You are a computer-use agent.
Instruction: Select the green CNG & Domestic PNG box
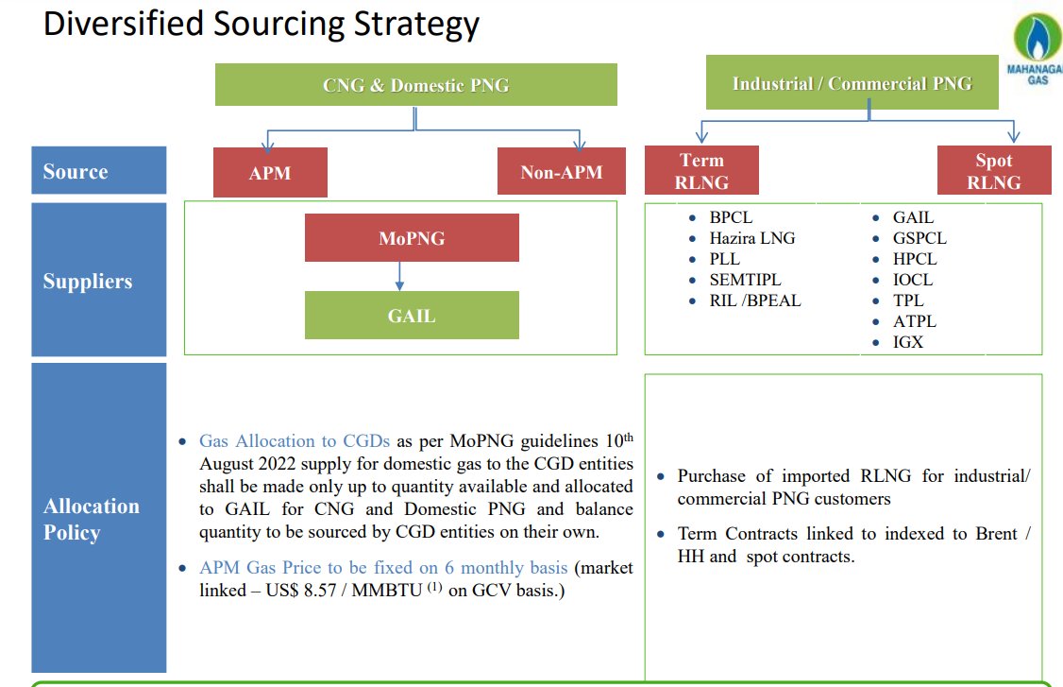415,85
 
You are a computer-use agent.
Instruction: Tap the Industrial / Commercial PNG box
852,83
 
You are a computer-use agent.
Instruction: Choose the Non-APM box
561,172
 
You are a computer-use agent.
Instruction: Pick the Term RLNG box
701,171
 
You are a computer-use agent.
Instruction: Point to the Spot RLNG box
993,171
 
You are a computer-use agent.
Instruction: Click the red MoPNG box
412,238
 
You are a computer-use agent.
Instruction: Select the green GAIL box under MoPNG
412,315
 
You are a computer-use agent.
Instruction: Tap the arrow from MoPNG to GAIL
400,276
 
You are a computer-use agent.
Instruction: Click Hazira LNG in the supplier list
752,238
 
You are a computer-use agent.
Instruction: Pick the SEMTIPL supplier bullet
745,280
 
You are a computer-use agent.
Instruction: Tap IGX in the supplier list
908,342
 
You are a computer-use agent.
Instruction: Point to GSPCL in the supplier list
920,238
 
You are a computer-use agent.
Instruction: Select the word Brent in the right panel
999,534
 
